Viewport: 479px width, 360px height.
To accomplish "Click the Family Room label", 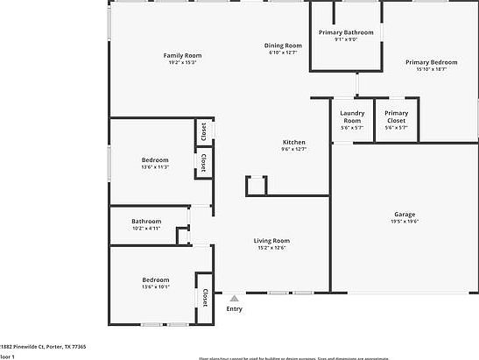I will tap(182, 55).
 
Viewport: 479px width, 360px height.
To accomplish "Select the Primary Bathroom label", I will tap(346, 32).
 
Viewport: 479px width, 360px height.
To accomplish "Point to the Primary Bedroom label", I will tap(431, 62).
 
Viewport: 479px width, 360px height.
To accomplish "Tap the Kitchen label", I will tap(293, 142).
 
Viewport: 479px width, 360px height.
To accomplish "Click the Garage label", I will tap(404, 215).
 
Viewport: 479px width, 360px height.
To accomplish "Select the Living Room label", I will tap(271, 240).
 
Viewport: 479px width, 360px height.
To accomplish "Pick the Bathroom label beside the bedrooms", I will tap(146, 221).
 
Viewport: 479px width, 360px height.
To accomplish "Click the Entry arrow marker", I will tap(234, 298).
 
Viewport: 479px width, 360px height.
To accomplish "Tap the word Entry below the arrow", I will tap(234, 308).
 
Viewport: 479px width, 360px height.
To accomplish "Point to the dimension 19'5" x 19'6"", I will tap(404, 222).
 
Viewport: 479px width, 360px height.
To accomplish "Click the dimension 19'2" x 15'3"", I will tap(182, 62).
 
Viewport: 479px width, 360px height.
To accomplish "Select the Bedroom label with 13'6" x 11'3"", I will tap(155, 159).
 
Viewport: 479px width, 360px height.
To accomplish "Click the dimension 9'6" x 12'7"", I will tap(293, 149).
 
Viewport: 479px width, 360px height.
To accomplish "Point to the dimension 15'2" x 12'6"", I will tap(271, 248).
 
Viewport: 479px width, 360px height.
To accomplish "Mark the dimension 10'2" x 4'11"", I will tap(146, 229).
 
